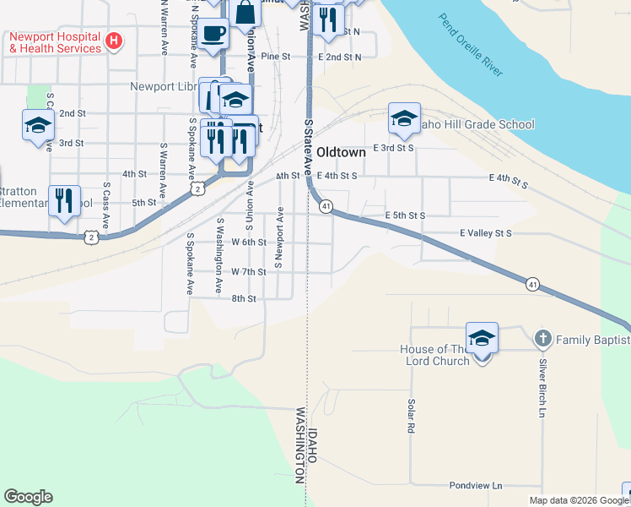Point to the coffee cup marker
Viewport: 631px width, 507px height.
click(x=213, y=34)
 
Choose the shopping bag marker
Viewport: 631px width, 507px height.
click(x=247, y=14)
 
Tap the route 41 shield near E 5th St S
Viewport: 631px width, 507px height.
click(x=326, y=206)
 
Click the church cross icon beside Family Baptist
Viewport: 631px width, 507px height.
click(x=543, y=340)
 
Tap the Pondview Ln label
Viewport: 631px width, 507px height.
click(x=475, y=486)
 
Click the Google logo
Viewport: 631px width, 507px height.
click(x=28, y=497)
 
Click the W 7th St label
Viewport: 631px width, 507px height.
click(x=249, y=272)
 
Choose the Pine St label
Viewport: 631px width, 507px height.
click(x=275, y=57)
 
